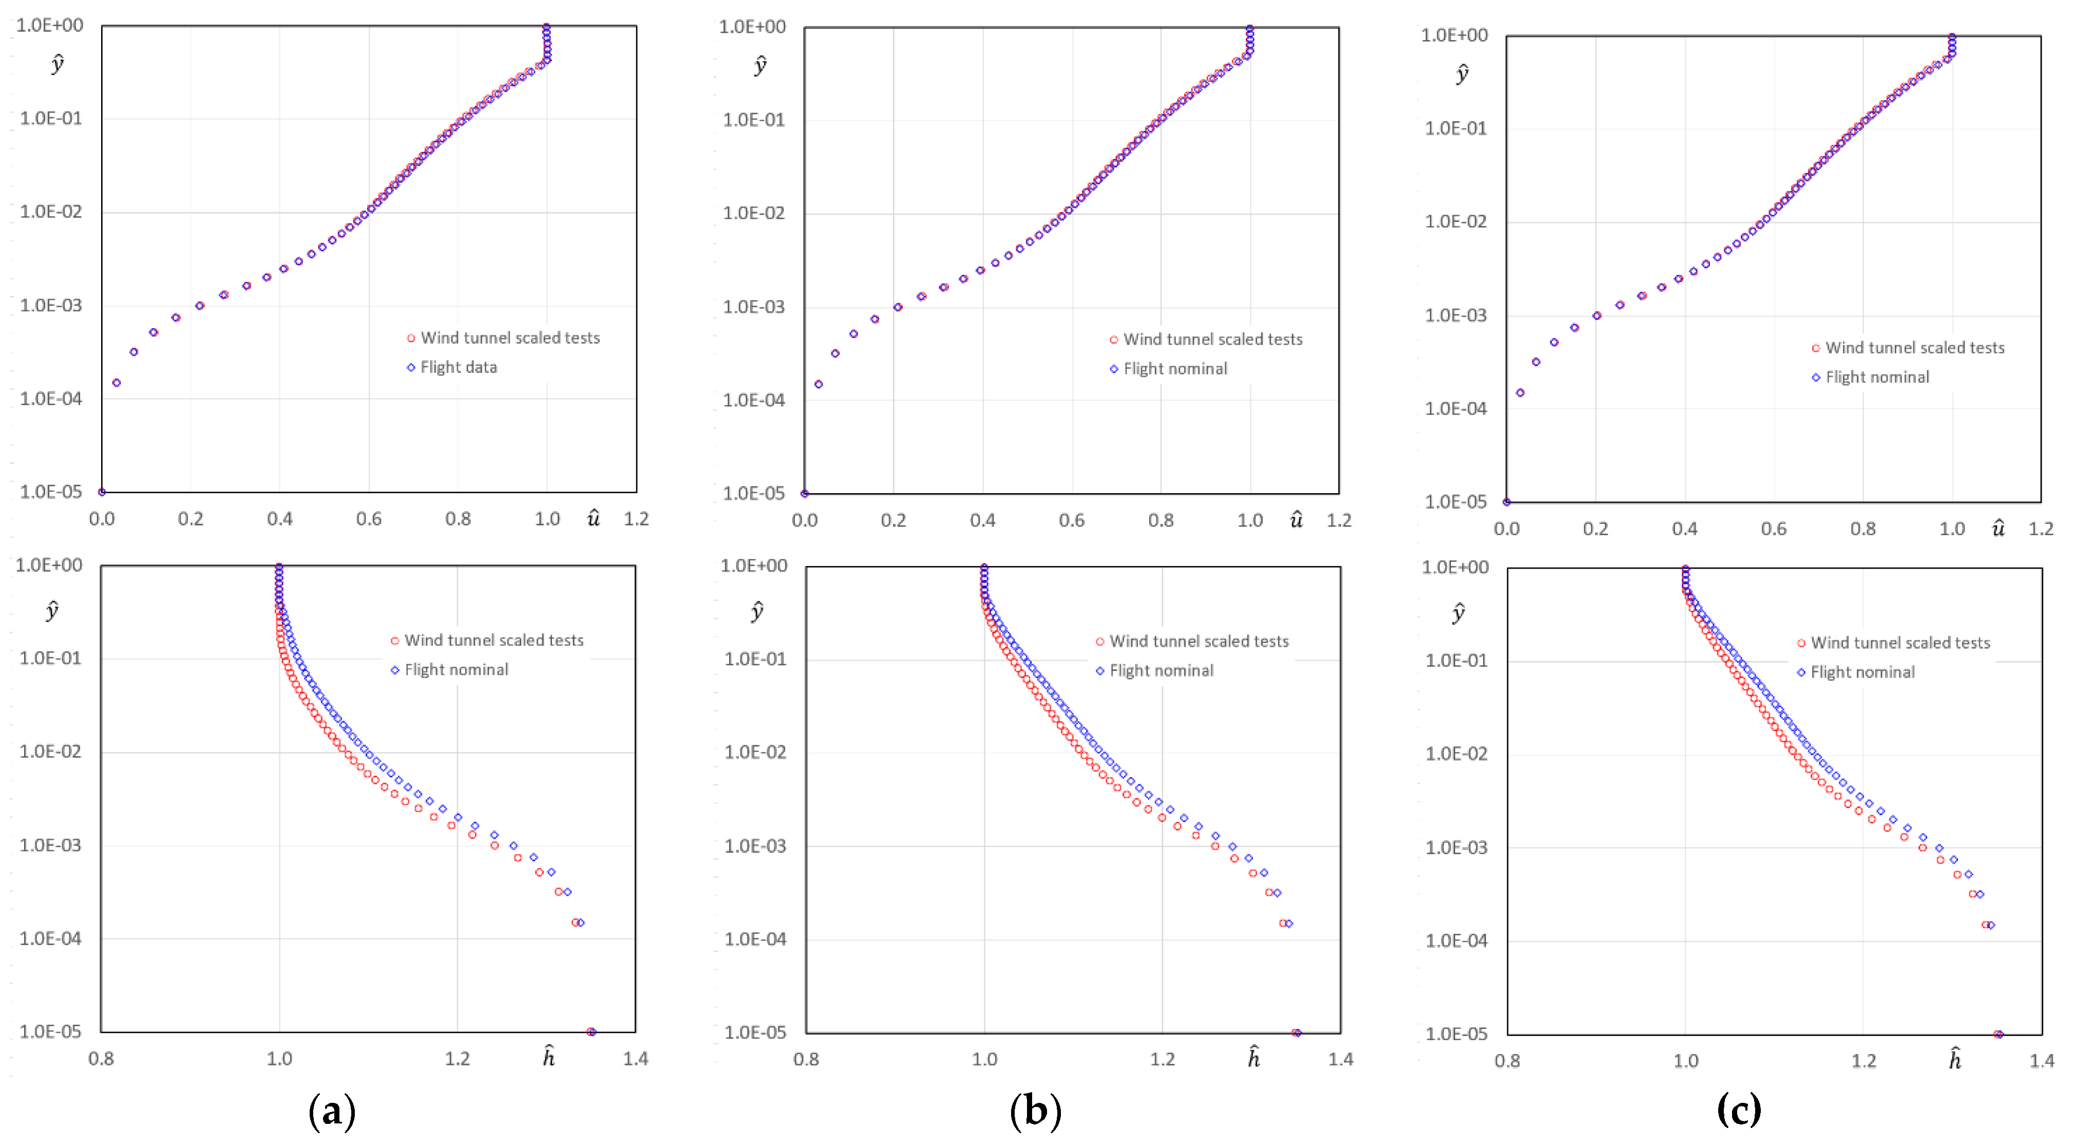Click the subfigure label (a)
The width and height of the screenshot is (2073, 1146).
tap(332, 1112)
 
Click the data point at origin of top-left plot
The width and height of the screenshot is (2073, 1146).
tap(102, 492)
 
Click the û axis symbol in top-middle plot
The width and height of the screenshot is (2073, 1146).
tap(1296, 519)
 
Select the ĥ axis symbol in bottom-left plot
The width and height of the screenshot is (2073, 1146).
tap(549, 1057)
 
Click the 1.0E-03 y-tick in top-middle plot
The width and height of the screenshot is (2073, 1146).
tap(753, 307)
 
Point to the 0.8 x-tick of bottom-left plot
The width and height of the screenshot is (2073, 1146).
tap(101, 1058)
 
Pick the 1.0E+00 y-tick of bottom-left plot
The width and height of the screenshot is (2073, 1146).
tap(50, 565)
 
